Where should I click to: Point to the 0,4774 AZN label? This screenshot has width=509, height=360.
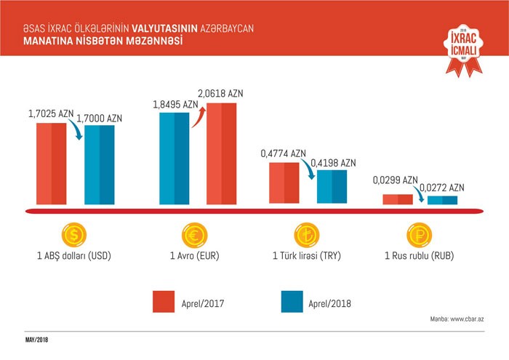(x=284, y=153)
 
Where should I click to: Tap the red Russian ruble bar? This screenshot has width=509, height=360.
(x=398, y=200)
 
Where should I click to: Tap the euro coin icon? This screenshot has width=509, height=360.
(x=195, y=235)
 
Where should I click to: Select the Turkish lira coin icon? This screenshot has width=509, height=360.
(x=306, y=235)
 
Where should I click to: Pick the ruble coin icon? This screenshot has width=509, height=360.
(x=418, y=235)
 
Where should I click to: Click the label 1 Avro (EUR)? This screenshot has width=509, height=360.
(x=195, y=256)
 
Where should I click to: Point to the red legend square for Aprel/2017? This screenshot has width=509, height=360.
(x=165, y=300)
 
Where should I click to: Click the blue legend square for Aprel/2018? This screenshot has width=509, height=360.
(x=292, y=300)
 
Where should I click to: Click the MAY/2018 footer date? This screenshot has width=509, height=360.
(x=36, y=340)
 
